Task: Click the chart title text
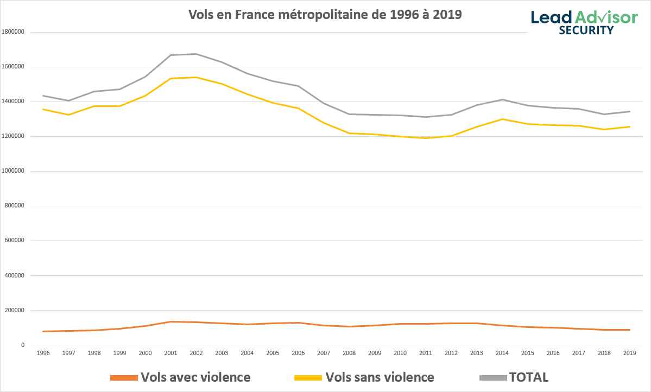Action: [325, 15]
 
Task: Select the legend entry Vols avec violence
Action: [180, 377]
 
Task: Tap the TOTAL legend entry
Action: [515, 377]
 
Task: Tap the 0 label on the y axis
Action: [22, 345]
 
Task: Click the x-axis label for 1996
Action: [43, 353]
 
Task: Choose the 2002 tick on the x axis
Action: [196, 353]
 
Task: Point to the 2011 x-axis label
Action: [426, 353]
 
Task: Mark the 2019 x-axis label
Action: [629, 353]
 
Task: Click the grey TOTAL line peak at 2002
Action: [196, 54]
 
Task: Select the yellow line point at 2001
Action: [170, 78]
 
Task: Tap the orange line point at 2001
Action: [170, 321]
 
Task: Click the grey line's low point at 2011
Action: [426, 117]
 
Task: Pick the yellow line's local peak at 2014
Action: [502, 119]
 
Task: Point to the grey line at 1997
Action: [68, 100]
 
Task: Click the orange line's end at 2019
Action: [629, 330]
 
